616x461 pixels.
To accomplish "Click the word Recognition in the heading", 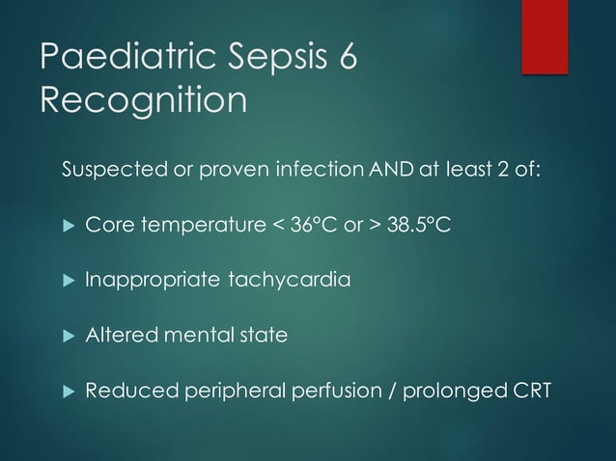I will tap(142, 99).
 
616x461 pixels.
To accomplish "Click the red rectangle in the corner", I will tap(545, 35).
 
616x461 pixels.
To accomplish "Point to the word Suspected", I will tap(106, 172).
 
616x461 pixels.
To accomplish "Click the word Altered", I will tap(117, 336).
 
